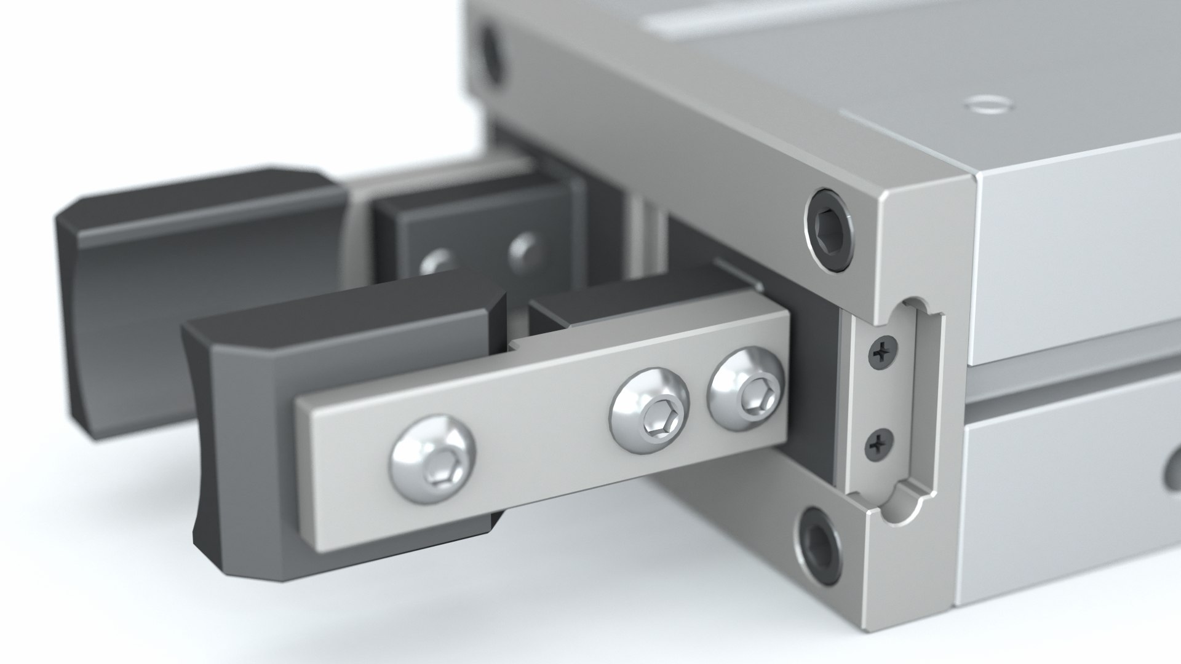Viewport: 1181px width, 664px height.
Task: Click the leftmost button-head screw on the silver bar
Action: click(x=434, y=459)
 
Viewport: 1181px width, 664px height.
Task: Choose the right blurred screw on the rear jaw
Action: click(x=524, y=249)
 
